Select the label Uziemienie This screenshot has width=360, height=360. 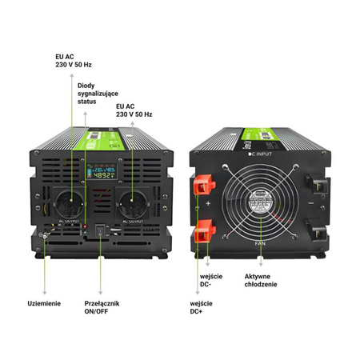44,304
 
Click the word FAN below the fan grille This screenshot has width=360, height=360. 259,242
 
